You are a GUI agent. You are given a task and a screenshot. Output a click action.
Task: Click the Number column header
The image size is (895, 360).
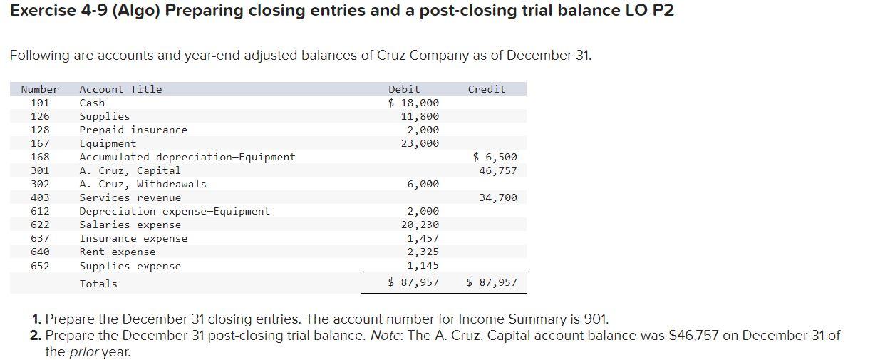point(40,89)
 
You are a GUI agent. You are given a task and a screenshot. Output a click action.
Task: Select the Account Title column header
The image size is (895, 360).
point(120,89)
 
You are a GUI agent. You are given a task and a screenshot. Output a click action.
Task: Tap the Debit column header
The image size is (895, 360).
point(403,89)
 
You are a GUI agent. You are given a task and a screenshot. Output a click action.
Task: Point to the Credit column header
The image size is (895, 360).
point(487,89)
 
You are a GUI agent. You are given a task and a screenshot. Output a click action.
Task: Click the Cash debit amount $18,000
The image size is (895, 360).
point(413,103)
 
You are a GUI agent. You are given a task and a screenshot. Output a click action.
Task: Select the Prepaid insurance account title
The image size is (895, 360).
point(133,130)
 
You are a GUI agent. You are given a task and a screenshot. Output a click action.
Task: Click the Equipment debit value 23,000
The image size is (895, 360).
point(420,143)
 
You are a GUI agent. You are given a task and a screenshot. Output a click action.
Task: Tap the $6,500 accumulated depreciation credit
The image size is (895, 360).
point(495,157)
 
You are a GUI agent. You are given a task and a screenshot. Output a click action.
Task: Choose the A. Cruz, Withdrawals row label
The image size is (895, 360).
point(143,184)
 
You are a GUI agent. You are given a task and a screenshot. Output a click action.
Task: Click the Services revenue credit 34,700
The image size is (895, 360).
point(498,197)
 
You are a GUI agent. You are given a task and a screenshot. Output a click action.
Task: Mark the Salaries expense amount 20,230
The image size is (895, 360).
point(420,225)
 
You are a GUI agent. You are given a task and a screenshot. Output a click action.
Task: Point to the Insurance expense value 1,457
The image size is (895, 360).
point(423,238)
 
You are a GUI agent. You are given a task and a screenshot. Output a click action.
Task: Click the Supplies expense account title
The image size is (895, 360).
point(130,266)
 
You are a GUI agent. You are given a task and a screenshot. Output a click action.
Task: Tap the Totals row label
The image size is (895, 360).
point(98,284)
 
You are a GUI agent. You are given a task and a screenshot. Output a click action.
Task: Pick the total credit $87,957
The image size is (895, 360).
point(492,282)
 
